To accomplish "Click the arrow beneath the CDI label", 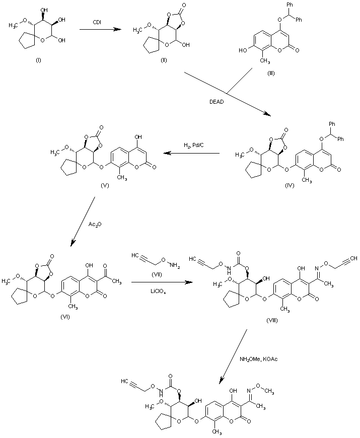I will coord(100,30).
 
